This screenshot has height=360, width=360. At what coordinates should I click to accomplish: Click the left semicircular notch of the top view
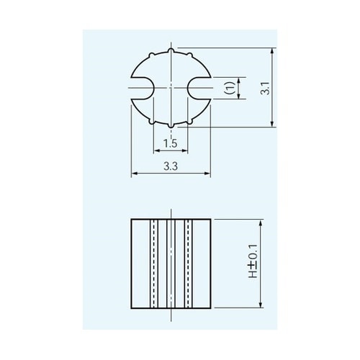(x=142, y=89)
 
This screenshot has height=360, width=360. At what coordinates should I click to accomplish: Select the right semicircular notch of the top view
(x=199, y=89)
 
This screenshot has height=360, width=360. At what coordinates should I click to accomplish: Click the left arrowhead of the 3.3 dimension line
(x=133, y=174)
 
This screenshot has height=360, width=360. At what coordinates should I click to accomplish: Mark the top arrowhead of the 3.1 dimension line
(x=272, y=50)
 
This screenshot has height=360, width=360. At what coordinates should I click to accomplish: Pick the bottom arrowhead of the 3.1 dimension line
(x=272, y=127)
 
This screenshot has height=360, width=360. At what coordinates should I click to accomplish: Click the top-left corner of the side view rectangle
(x=131, y=217)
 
